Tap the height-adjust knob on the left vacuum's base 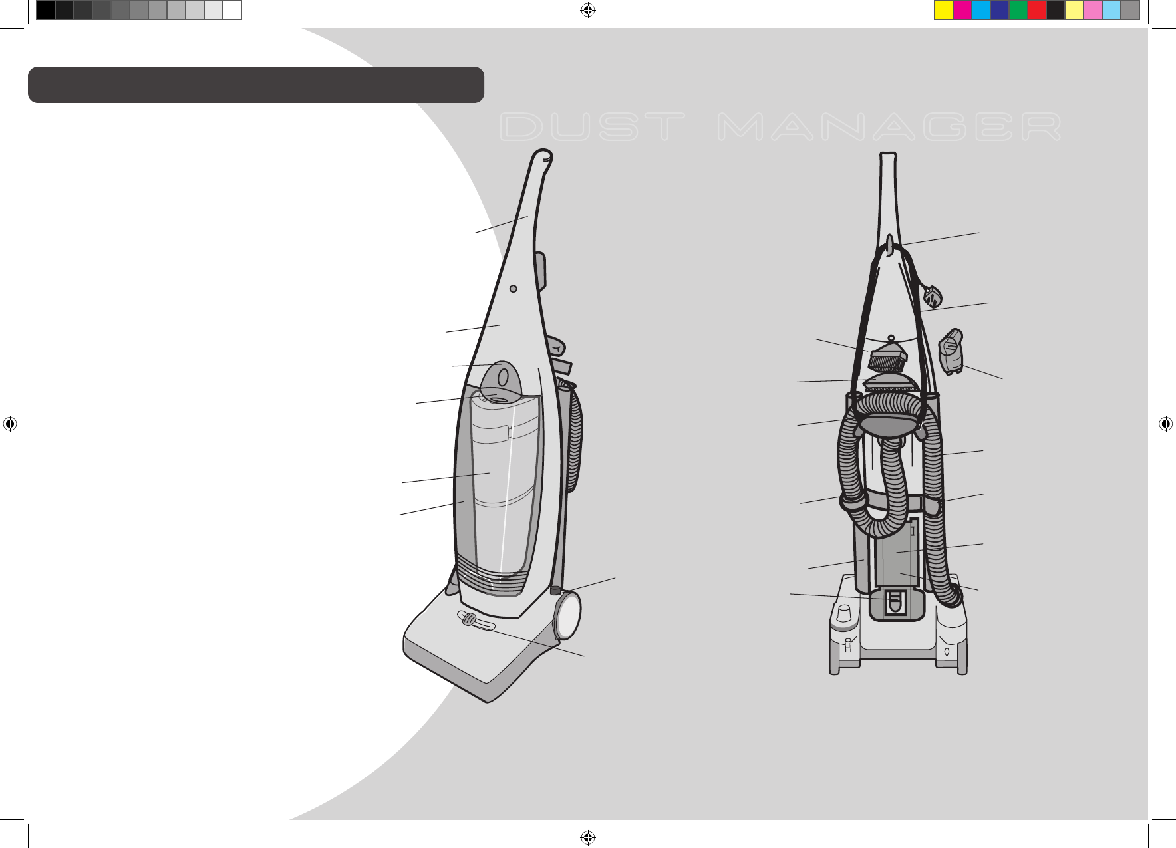coord(469,620)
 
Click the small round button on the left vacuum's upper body coord(513,289)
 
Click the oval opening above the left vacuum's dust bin coord(504,378)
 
